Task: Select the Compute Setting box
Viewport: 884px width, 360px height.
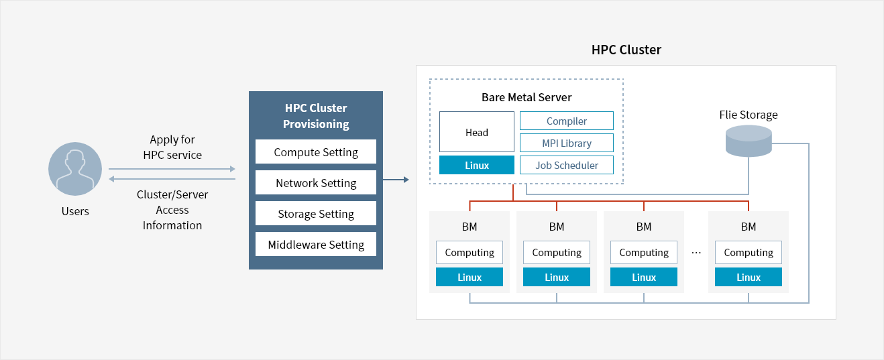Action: (x=316, y=152)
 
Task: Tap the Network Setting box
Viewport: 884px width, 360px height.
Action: (x=316, y=183)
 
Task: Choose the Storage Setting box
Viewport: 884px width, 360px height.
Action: (x=316, y=214)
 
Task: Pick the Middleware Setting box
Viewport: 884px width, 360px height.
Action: (x=316, y=245)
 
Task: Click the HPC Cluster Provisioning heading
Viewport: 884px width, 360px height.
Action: (x=316, y=116)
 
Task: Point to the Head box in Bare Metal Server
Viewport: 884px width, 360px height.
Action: (x=477, y=132)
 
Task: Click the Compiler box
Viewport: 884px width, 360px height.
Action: (x=567, y=121)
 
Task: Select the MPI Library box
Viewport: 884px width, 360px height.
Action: (x=567, y=143)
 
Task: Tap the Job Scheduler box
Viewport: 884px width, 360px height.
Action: (x=567, y=165)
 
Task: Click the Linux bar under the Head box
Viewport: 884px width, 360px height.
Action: (x=477, y=165)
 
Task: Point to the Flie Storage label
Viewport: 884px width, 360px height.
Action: (x=749, y=115)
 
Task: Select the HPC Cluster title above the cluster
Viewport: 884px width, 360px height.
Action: (x=626, y=50)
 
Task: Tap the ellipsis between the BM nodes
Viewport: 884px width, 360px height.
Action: (x=696, y=253)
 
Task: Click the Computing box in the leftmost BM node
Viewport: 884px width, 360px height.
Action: (x=469, y=253)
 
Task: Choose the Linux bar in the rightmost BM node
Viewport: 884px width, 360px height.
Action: (x=749, y=277)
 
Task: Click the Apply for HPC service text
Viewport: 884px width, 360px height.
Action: (x=172, y=147)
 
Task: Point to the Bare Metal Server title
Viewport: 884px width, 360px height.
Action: (x=527, y=97)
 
